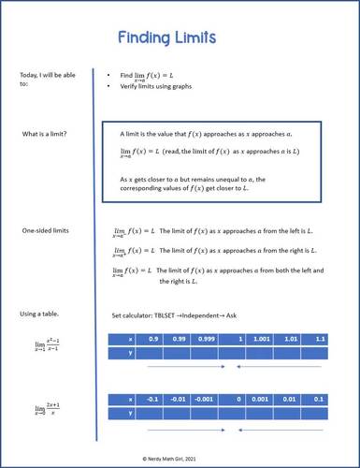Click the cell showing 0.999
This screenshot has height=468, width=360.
(206, 338)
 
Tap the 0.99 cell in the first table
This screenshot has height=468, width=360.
(179, 338)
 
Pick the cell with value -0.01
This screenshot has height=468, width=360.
(178, 399)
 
